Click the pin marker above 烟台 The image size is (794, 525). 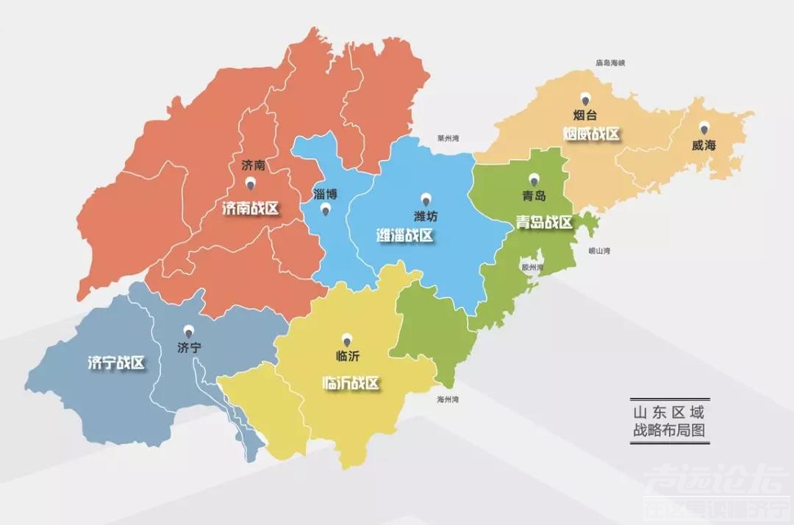pos(585,99)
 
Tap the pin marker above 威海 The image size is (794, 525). pos(704,128)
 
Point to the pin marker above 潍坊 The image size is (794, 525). pos(425,199)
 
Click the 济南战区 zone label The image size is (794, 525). pos(251,208)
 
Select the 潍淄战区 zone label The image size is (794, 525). pos(404,235)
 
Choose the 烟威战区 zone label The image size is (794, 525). pos(592,134)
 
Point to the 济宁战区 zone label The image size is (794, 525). pos(115,362)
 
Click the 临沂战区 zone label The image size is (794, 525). pos(351,383)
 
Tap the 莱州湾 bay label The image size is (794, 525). pos(448,137)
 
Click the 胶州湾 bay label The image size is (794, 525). pos(531,268)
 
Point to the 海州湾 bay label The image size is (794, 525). pos(447,399)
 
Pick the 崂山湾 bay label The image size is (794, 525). pos(599,251)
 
